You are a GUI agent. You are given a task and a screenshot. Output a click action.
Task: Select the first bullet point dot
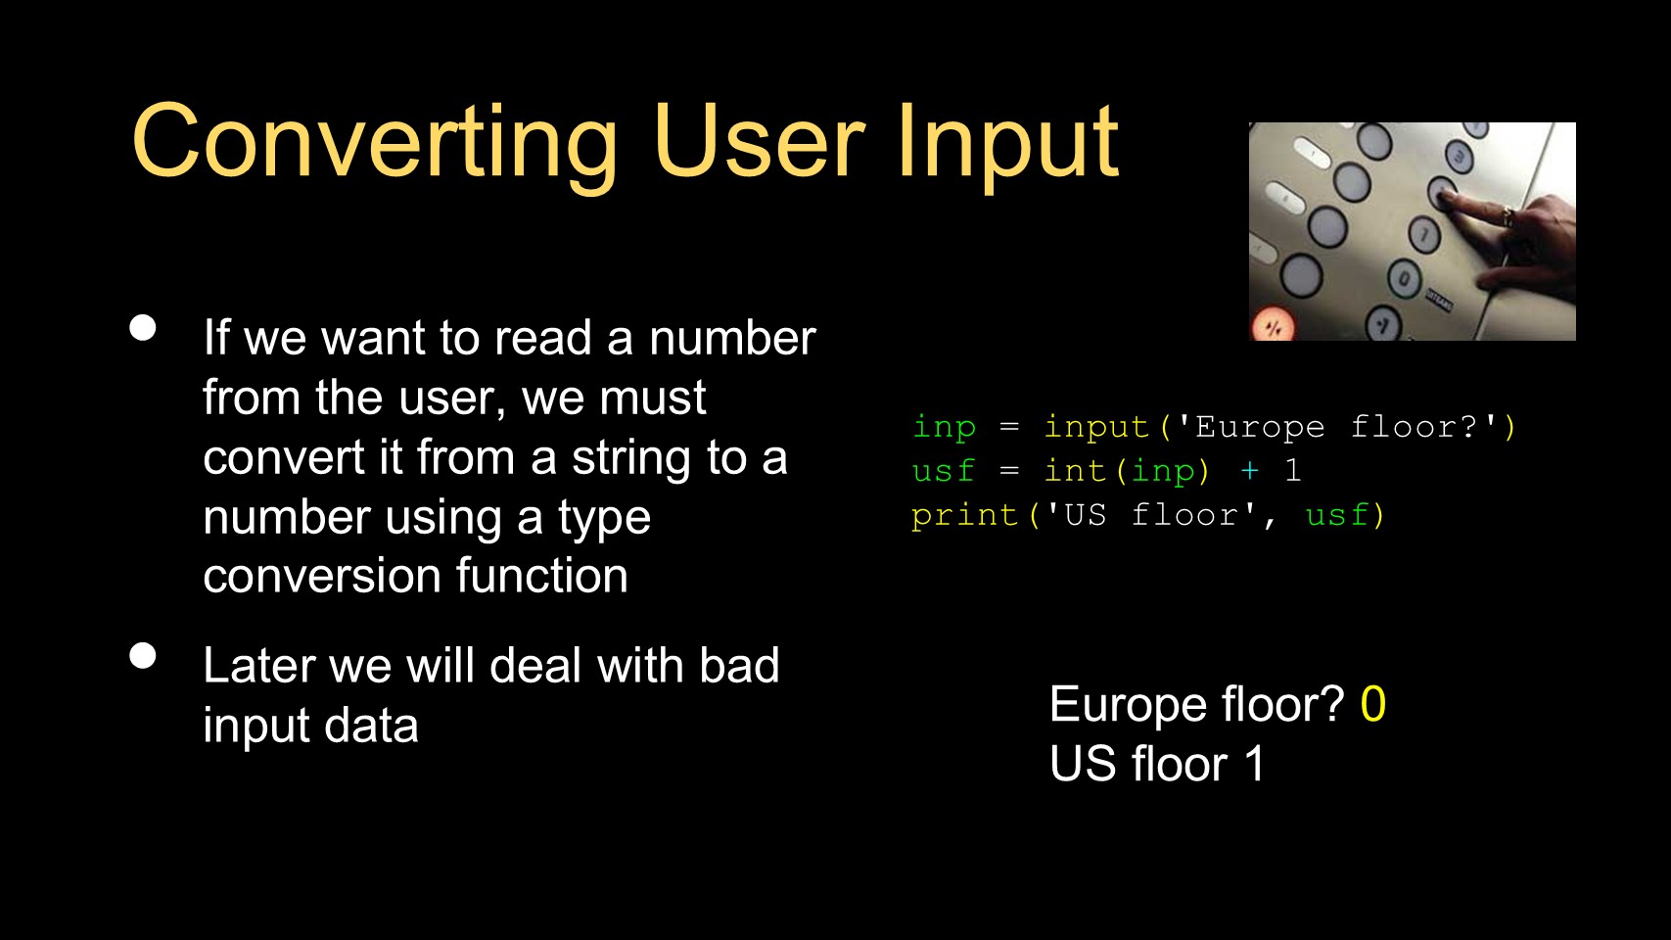coord(143,328)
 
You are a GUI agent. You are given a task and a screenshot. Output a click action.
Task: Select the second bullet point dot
coord(143,656)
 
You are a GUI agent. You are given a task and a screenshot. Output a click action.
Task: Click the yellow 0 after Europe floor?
coord(1373,703)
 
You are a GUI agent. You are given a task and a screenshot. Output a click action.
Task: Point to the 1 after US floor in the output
coord(1254,763)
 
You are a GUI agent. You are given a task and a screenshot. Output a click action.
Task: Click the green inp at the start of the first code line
coord(945,428)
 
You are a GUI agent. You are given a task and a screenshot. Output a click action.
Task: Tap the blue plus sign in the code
coord(1249,471)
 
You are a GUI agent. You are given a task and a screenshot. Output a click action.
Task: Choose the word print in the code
coord(964,516)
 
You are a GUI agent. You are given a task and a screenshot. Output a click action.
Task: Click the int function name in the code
coord(1075,471)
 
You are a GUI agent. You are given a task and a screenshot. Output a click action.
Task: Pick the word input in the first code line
coord(1096,428)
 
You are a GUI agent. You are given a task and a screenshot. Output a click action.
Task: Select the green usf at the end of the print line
coord(1337,515)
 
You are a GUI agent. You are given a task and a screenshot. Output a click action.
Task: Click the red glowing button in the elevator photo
coord(1274,326)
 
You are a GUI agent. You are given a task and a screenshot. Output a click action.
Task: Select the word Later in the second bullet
coord(258,665)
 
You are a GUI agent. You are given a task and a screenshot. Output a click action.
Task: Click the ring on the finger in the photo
coord(1509,217)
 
